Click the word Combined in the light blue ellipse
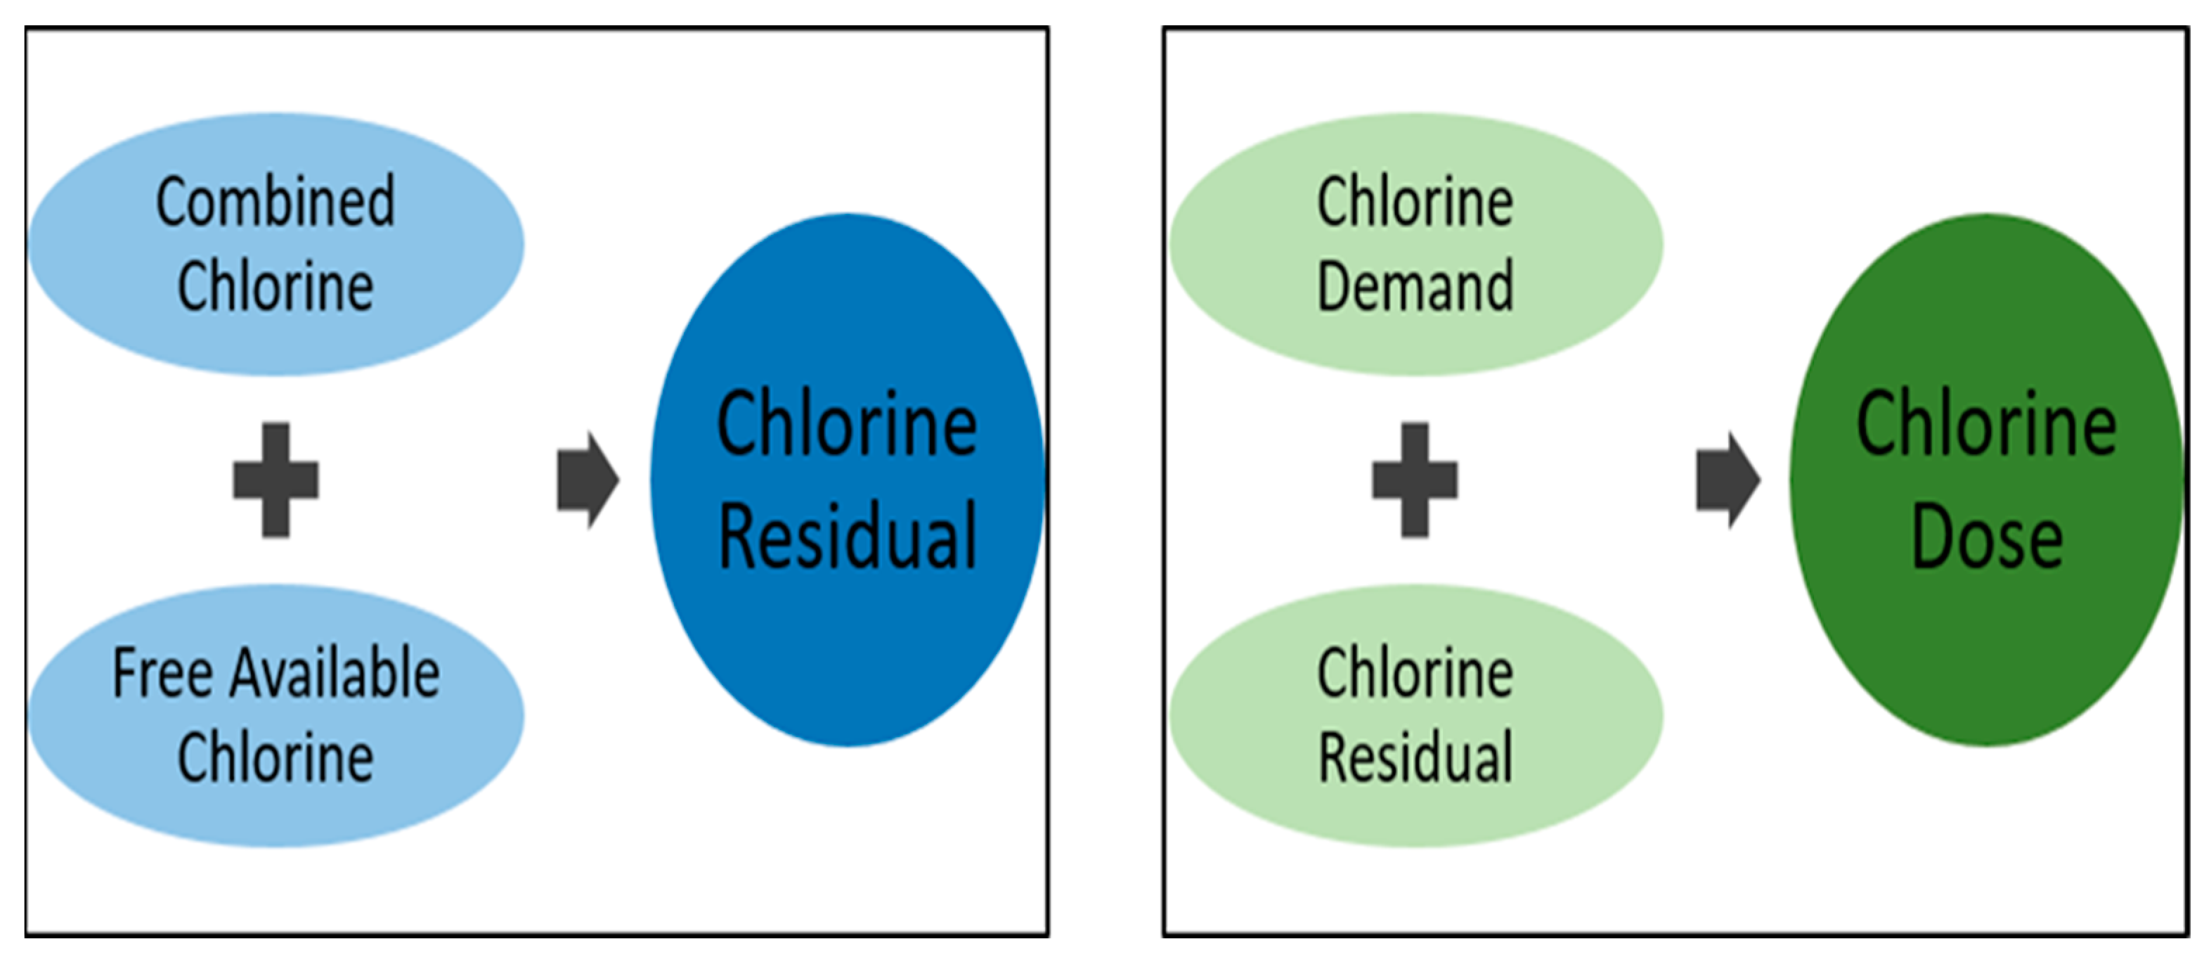(275, 202)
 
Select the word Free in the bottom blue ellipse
(162, 674)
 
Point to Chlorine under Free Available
(275, 757)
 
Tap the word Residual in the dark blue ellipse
(847, 537)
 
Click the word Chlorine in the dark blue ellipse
(847, 425)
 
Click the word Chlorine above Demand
(1415, 202)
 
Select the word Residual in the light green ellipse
(1415, 757)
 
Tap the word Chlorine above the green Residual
(1415, 674)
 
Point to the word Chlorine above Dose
(1987, 425)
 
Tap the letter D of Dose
(1933, 537)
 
